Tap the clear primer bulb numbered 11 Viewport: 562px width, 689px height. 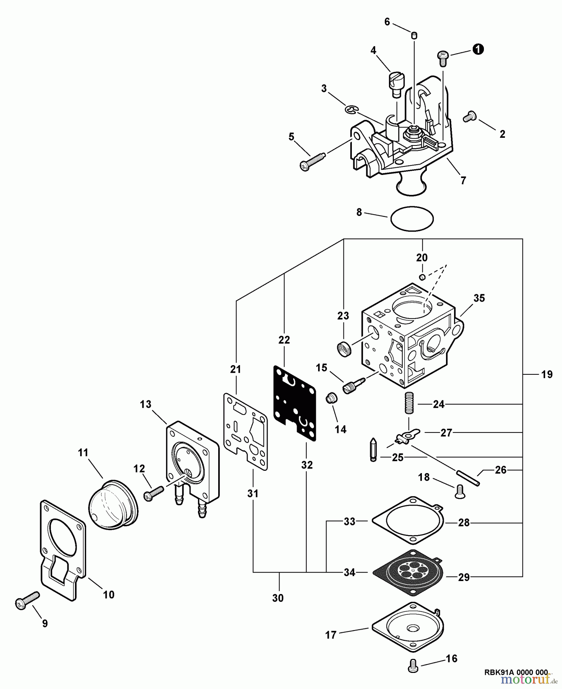click(x=112, y=504)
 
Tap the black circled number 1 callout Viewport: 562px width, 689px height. click(x=478, y=49)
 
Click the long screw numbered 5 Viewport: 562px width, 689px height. click(x=311, y=161)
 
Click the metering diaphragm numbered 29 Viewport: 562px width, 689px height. click(x=409, y=573)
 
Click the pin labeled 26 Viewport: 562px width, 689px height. click(x=468, y=478)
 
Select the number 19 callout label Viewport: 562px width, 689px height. click(x=547, y=374)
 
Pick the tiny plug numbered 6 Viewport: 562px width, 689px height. click(x=414, y=36)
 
